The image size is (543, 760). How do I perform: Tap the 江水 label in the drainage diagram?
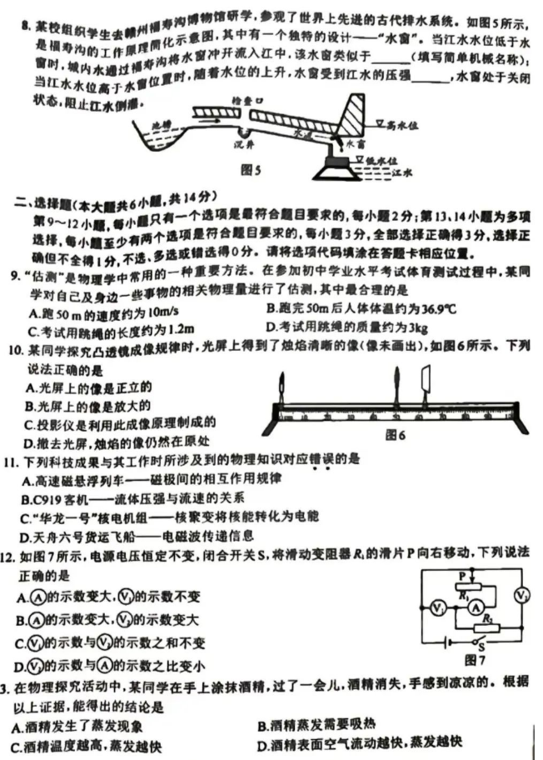click(x=403, y=174)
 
